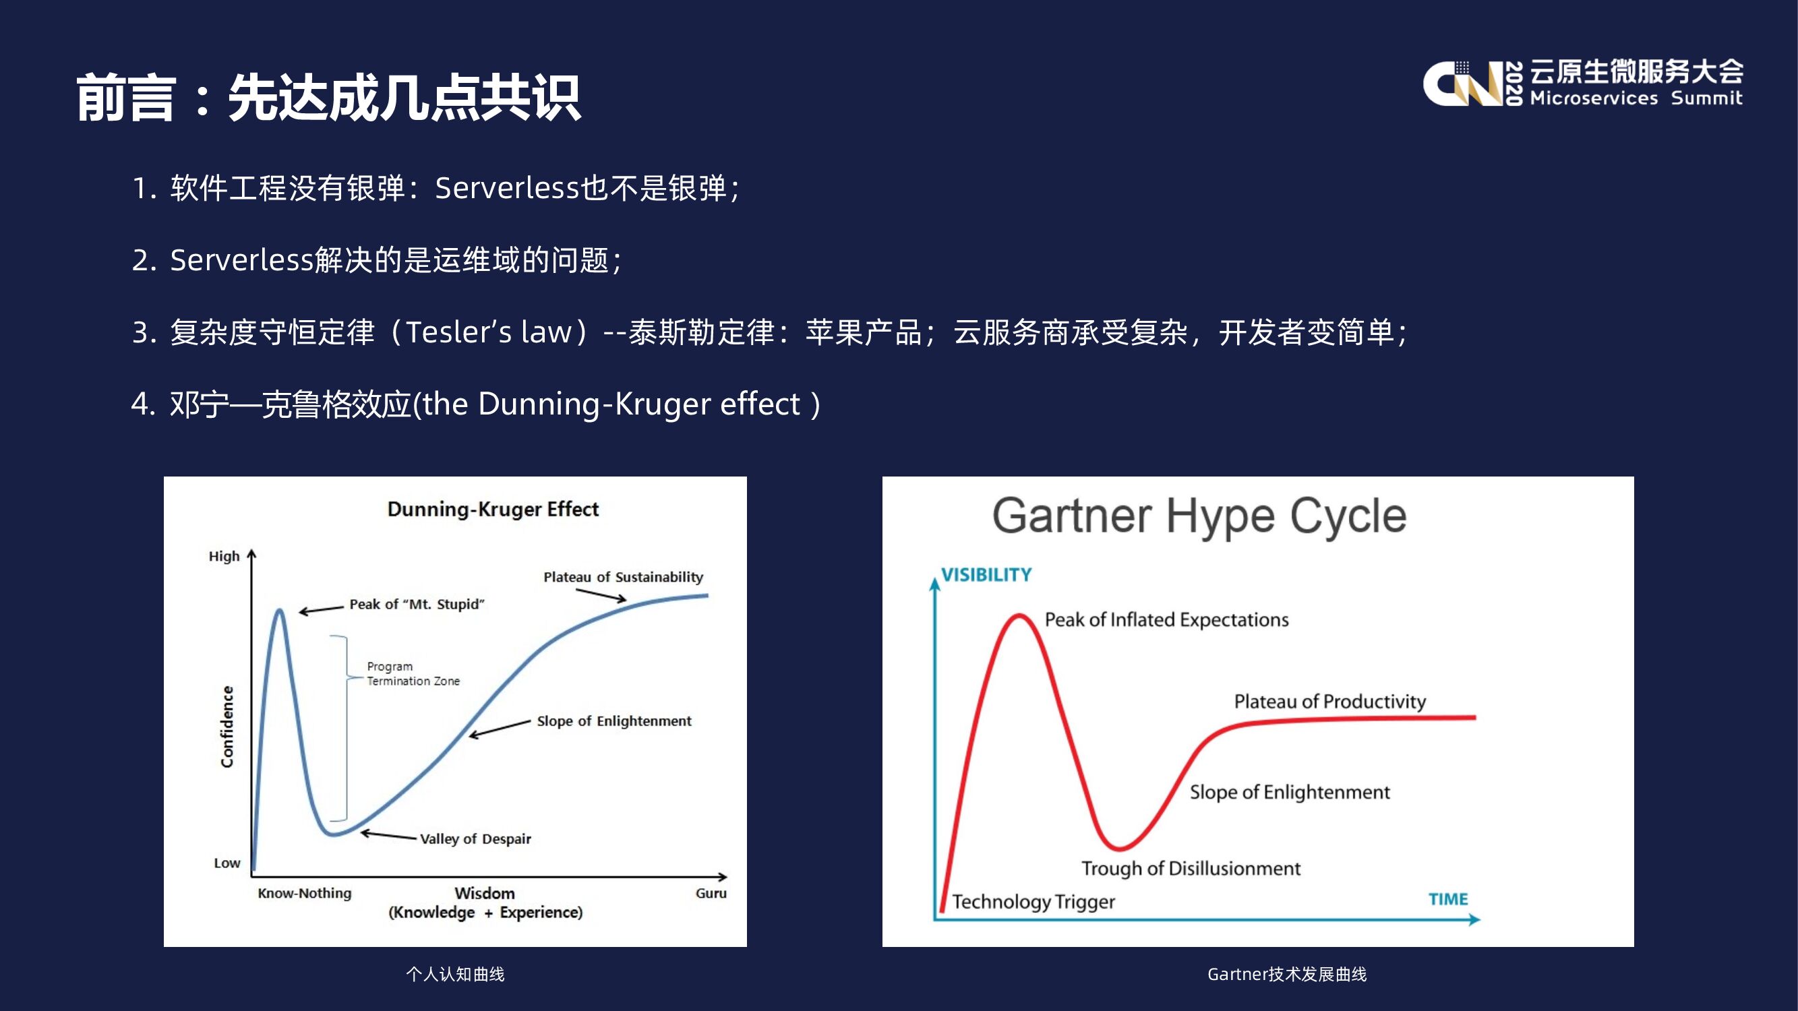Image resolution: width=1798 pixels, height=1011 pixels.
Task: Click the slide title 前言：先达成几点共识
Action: pos(328,98)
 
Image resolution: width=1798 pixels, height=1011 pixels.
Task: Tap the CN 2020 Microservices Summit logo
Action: pos(1583,83)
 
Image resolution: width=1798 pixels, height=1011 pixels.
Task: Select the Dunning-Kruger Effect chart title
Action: pos(493,510)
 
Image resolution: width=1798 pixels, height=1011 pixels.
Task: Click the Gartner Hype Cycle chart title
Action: pos(1199,517)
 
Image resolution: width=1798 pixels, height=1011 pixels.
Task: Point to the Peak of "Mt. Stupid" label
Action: pos(417,604)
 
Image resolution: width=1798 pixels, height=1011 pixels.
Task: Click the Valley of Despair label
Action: pos(475,838)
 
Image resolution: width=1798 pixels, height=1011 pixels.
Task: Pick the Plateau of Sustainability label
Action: pos(624,577)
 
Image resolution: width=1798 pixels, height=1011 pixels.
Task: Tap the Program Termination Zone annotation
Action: pos(413,674)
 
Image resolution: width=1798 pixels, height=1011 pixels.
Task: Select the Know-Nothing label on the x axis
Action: pos(304,893)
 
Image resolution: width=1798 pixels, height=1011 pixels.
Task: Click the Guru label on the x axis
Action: pos(711,893)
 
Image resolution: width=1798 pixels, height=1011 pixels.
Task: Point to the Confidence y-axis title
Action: pos(227,727)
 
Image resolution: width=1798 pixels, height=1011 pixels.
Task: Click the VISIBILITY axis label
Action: pos(986,575)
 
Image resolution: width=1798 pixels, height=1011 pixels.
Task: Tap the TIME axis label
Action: pos(1447,899)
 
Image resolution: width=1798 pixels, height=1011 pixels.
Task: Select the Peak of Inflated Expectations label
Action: pos(1166,620)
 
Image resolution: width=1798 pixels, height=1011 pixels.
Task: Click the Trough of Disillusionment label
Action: pos(1191,869)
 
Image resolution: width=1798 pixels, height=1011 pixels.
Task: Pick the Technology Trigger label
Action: pos(1033,902)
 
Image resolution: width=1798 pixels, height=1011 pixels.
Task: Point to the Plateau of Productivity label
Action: pos(1329,702)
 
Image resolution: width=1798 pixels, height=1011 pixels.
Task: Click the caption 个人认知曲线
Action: pos(455,974)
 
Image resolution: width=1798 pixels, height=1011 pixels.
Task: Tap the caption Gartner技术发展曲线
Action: pos(1286,974)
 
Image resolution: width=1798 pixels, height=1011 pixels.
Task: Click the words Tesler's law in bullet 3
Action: pos(489,332)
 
